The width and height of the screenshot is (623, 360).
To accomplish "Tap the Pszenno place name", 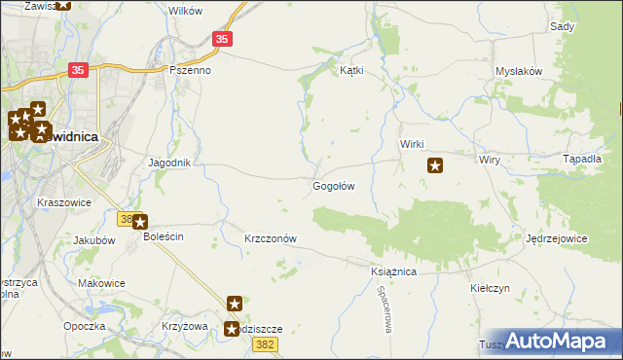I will [190, 70].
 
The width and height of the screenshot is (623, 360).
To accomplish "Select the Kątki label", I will [350, 70].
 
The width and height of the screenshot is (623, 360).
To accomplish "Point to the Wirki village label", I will [411, 144].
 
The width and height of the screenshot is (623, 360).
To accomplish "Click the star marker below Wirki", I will [435, 165].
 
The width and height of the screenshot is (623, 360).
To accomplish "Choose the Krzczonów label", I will [270, 238].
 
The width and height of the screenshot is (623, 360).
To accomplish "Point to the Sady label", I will [562, 27].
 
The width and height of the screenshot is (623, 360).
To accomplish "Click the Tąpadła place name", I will [583, 159].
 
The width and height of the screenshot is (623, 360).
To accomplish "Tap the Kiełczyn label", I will [490, 288].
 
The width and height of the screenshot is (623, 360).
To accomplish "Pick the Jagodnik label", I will [168, 162].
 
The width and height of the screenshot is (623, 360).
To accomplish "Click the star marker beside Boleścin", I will [139, 222].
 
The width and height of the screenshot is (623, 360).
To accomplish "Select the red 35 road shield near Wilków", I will [223, 39].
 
